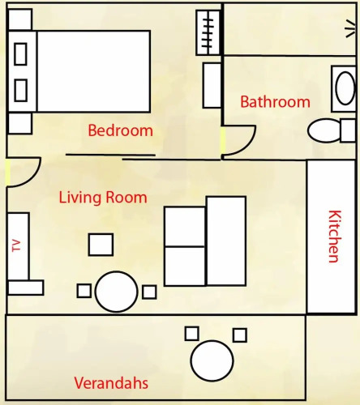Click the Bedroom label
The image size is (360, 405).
(x=121, y=130)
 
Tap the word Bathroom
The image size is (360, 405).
(x=275, y=102)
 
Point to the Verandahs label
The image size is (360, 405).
(x=111, y=383)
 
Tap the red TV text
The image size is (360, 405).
(x=16, y=245)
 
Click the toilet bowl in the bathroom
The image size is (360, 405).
(x=324, y=130)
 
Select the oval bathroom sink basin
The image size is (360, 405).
(x=345, y=88)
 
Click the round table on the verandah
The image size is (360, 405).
(x=212, y=360)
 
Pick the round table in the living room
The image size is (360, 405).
(x=117, y=292)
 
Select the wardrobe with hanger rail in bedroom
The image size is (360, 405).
(x=208, y=32)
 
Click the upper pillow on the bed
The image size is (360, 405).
(x=20, y=54)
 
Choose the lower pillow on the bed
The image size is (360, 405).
(x=20, y=90)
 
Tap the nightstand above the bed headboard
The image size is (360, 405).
(x=20, y=19)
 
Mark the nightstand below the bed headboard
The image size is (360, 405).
(x=20, y=123)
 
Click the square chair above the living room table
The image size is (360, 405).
(x=101, y=245)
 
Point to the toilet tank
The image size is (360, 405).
(x=348, y=130)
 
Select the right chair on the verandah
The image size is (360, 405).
(x=240, y=335)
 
